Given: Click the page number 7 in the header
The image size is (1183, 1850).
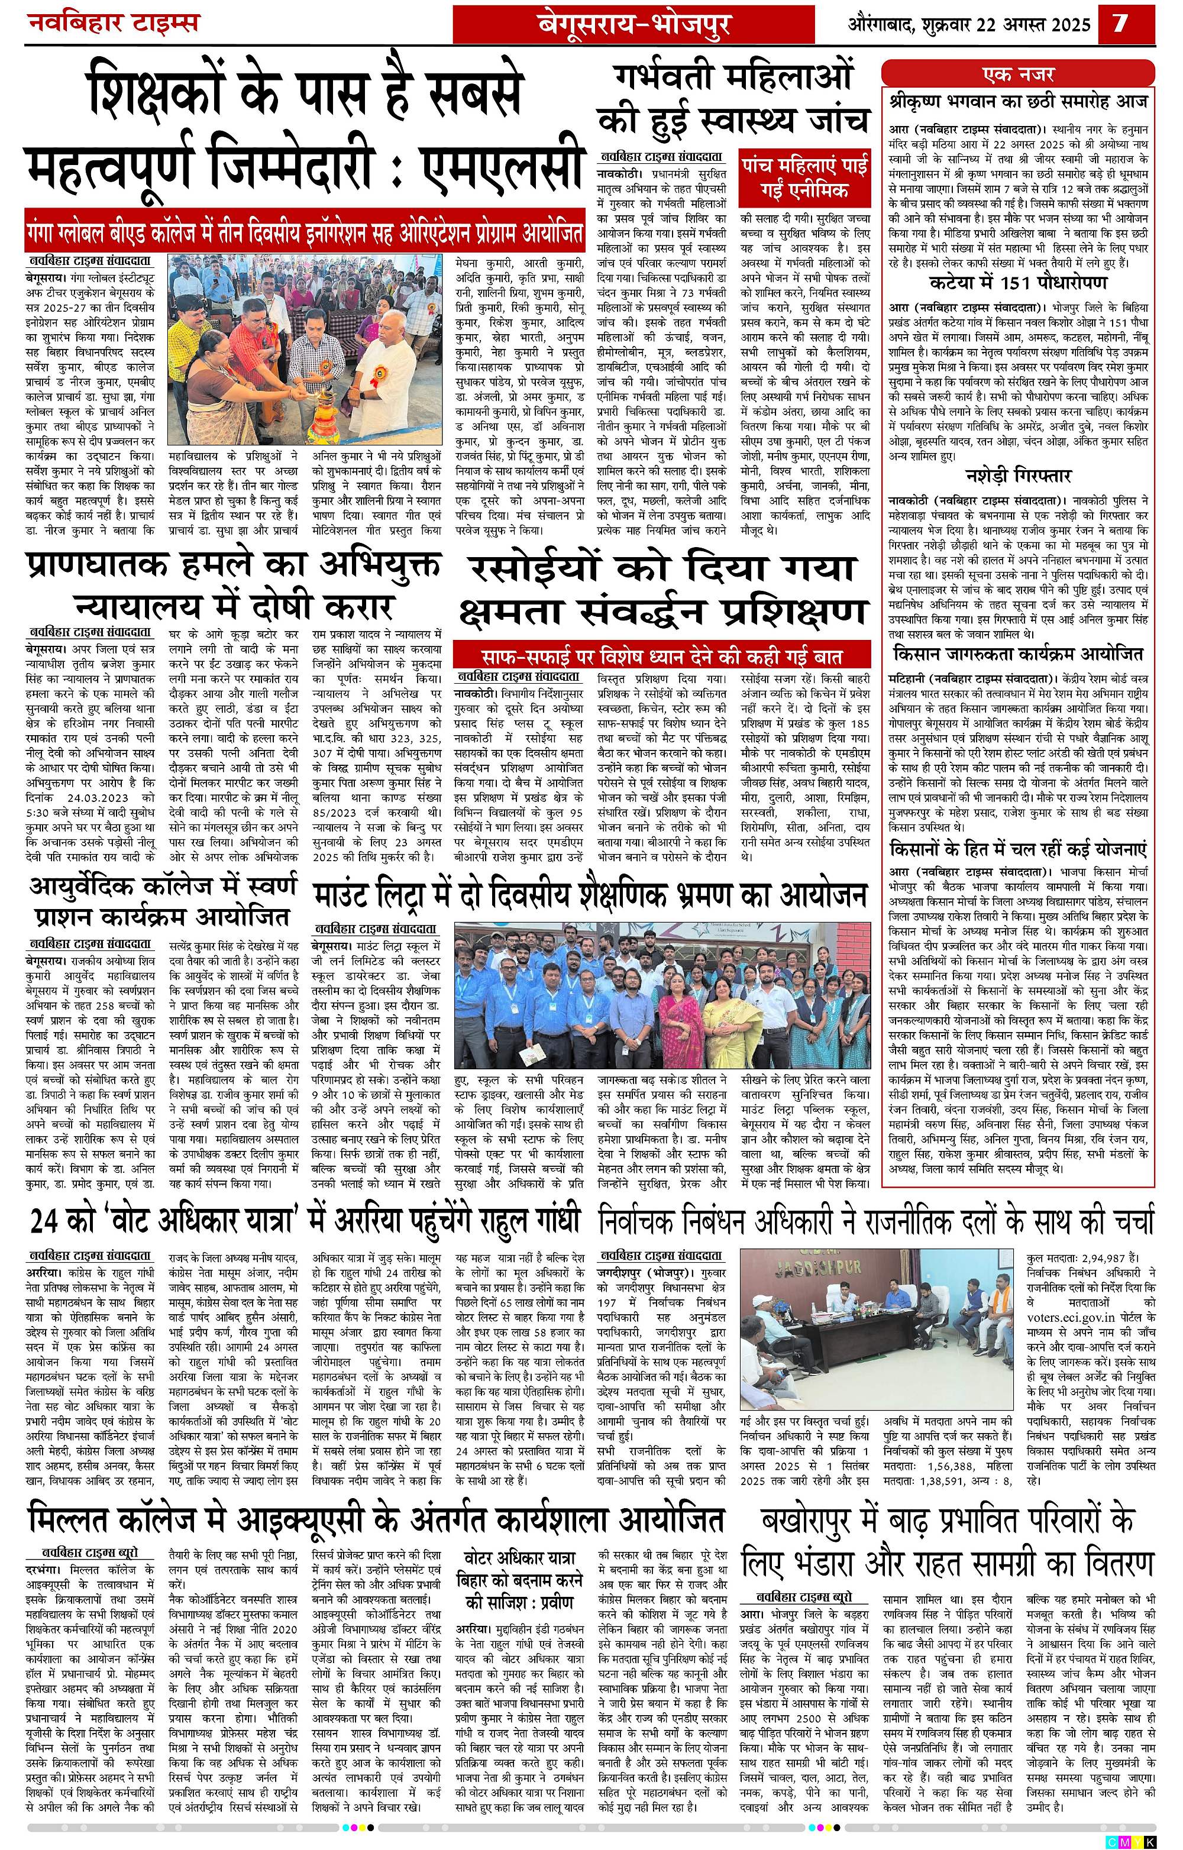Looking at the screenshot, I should (1121, 22).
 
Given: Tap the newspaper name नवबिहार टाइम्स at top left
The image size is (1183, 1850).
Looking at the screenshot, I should (114, 22).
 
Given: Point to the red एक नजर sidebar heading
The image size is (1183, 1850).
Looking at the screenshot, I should (1018, 75).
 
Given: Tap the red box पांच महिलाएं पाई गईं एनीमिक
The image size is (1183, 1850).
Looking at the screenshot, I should (805, 177).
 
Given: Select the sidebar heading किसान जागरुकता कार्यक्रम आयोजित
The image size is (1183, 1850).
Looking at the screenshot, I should (1018, 654).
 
